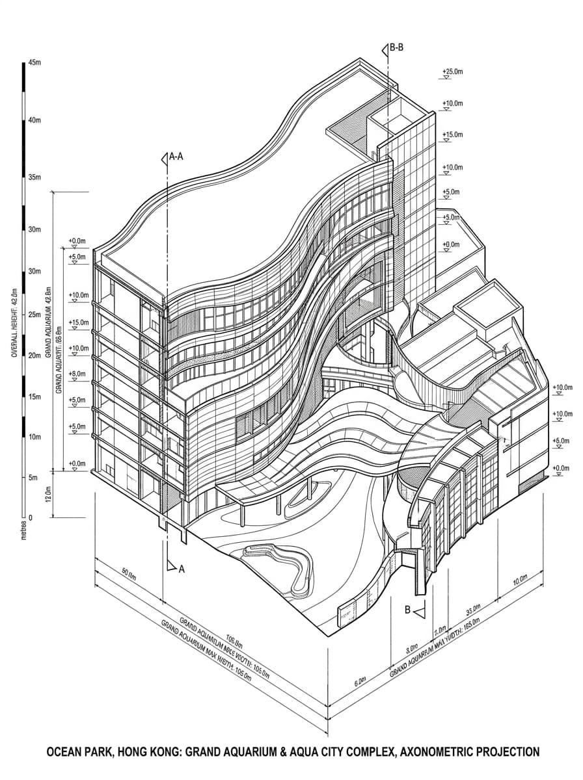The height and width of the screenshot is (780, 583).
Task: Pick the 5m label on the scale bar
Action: point(33,478)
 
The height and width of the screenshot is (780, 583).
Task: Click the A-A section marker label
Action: point(176,157)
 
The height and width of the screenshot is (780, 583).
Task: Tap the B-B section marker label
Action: point(397,47)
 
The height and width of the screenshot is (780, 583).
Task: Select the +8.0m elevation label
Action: point(77,374)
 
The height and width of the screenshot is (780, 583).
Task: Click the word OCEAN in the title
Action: point(68,752)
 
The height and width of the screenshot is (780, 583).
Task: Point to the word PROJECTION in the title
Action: point(508,752)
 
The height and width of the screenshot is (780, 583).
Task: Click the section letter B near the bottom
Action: point(408,610)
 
